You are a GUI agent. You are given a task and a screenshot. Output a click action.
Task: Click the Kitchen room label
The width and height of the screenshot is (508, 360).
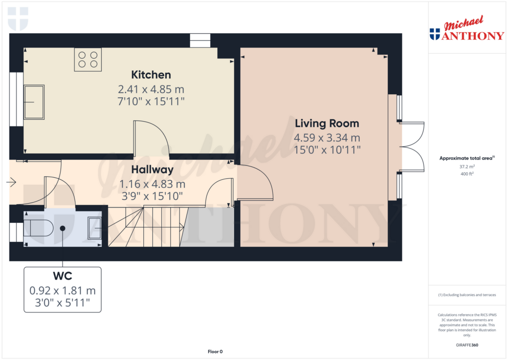pos(151,75)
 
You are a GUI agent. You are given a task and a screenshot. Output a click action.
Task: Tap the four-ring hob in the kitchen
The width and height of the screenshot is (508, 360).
pos(88,60)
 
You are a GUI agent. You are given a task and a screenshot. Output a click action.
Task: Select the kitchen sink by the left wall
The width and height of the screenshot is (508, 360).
pos(34,102)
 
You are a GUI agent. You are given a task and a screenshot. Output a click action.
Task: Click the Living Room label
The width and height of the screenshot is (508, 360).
pos(327,124)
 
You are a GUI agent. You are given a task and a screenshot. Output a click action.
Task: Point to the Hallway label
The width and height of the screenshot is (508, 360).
pos(152,170)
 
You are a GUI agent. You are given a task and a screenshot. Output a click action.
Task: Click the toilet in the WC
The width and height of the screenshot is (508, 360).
pos(38,228)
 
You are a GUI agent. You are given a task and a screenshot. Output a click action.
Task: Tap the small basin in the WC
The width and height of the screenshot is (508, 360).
pos(95,228)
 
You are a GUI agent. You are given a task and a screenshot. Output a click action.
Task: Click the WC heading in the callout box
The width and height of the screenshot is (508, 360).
pos(63,276)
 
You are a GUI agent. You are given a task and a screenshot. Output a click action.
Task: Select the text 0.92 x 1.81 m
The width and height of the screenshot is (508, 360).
pos(63,290)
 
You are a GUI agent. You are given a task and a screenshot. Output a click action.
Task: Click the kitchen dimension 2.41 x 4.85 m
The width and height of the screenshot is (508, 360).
pos(151,89)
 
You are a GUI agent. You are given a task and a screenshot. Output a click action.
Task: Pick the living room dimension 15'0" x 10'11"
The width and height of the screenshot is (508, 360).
pos(327,150)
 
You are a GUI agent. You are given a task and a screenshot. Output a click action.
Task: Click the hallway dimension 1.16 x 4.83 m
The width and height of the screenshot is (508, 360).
pos(152,184)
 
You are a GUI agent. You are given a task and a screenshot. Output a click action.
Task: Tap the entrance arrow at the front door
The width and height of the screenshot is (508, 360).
pos(11,182)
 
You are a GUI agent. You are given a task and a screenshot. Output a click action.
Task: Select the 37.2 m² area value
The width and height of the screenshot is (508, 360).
pos(467,166)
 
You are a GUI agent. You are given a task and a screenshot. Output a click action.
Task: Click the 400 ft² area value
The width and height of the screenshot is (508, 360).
pos(467,174)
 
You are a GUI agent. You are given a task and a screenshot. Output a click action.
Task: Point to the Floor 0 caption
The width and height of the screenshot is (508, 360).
pos(215,352)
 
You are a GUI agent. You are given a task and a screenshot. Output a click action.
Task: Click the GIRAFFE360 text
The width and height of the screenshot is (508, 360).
pos(467,345)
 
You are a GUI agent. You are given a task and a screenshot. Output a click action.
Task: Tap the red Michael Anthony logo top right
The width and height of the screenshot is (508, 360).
pos(467,28)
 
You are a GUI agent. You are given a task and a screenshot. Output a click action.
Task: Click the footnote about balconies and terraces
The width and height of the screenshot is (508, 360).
pos(467,295)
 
